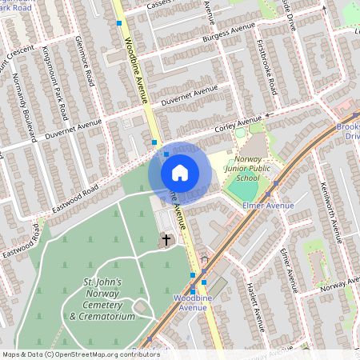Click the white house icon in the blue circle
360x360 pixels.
tap(180, 173)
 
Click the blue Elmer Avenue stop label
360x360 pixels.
tap(267, 206)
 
